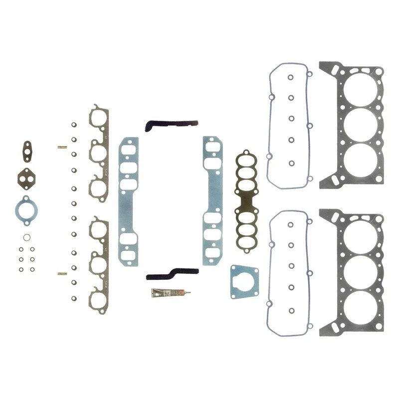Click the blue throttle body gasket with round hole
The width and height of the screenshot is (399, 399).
pyautogui.click(x=244, y=282)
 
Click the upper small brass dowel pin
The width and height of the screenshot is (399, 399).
pyautogui.click(x=62, y=147)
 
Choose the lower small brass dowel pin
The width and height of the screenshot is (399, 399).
pyautogui.click(x=62, y=274)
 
